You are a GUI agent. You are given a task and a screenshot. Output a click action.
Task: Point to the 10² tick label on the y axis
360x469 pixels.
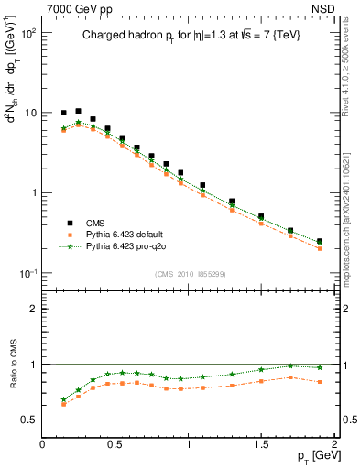tap(27, 32)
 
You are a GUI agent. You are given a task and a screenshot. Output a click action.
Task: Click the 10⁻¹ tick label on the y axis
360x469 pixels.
tap(27, 274)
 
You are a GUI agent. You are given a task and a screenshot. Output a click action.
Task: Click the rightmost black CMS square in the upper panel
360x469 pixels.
tap(320, 242)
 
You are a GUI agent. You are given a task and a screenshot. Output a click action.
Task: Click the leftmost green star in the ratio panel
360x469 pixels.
tap(63, 399)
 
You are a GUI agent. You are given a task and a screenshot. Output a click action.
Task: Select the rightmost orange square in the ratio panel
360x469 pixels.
tap(320, 381)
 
